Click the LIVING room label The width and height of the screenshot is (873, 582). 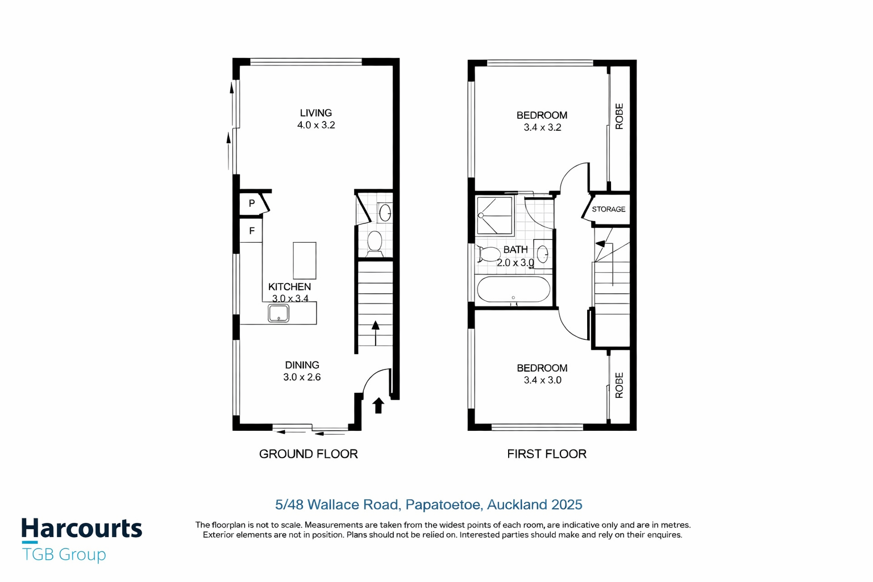tap(315, 113)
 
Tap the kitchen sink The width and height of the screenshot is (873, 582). tap(278, 313)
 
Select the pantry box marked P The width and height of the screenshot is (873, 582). tap(252, 203)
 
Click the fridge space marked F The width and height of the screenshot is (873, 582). tap(251, 230)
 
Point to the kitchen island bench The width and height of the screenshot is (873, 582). tap(305, 260)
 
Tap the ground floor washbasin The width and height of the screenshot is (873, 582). tap(385, 213)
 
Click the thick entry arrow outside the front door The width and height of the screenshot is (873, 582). tap(378, 405)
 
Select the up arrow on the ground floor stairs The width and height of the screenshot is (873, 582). tap(375, 333)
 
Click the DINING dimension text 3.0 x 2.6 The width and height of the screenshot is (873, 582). tap(302, 377)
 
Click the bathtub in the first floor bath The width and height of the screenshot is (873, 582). tap(514, 289)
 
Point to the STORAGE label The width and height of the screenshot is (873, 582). tap(608, 209)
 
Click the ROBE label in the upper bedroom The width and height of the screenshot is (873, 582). tap(620, 116)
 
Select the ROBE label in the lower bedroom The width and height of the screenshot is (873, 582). tap(620, 385)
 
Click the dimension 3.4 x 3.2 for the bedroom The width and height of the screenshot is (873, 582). tap(542, 127)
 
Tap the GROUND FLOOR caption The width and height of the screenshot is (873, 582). tap(308, 454)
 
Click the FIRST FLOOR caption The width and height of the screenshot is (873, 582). tap(546, 454)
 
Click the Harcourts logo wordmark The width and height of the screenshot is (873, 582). tap(82, 529)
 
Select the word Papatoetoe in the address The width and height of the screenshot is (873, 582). tap(442, 505)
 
